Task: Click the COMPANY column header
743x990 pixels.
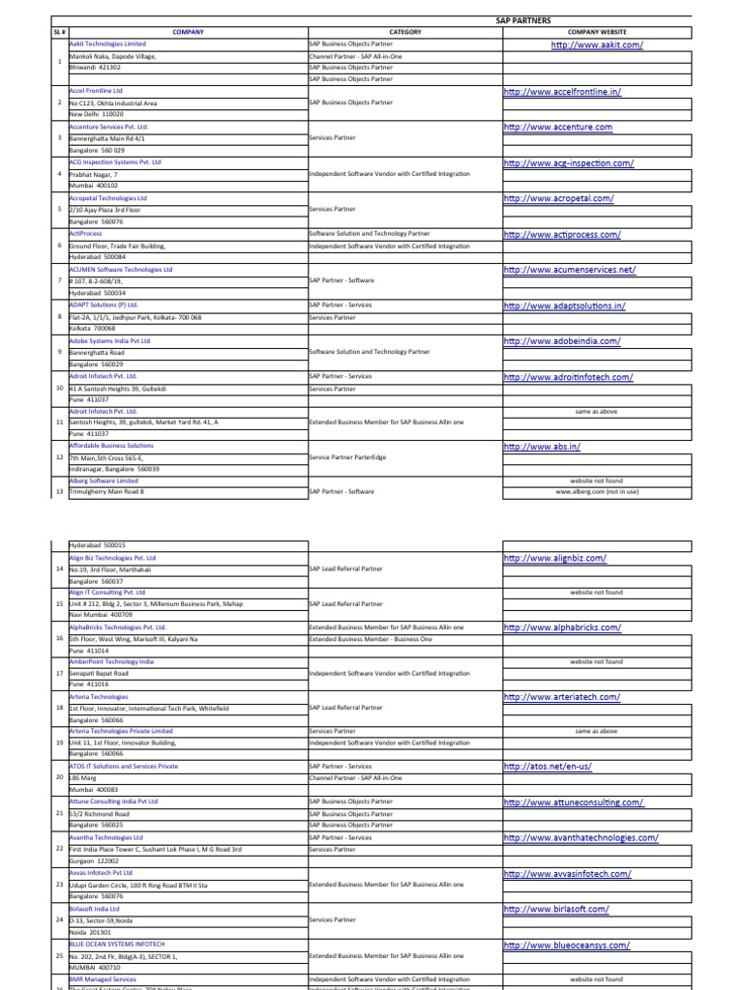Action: pos(188,32)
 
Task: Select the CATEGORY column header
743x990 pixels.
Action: pos(404,32)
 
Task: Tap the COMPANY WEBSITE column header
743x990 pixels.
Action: pos(597,32)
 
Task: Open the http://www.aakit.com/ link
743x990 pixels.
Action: pos(597,44)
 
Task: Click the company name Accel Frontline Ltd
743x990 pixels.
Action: pos(97,91)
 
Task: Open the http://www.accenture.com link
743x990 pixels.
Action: pos(557,127)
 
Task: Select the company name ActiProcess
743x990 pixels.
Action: pos(85,234)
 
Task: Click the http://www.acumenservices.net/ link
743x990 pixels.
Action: pos(570,270)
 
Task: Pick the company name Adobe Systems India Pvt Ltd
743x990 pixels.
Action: pos(109,341)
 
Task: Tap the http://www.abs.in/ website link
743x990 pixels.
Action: pos(542,447)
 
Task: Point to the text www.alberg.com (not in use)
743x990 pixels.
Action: pos(597,491)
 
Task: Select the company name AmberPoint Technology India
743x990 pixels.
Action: pos(111,661)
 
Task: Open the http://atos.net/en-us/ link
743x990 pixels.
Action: pos(548,767)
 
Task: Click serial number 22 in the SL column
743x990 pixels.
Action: pos(59,847)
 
